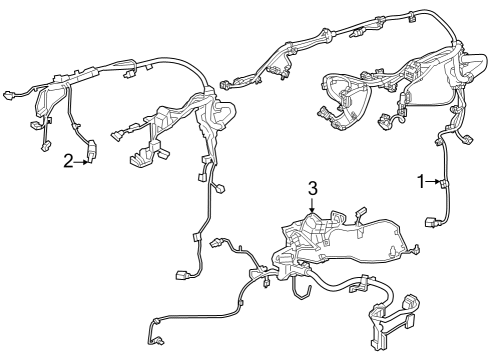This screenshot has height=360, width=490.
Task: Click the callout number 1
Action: [421, 181]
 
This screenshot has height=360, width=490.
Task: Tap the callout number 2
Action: [68, 161]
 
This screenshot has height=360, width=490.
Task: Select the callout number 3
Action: [312, 187]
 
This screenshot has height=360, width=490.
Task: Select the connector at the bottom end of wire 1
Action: [432, 222]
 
